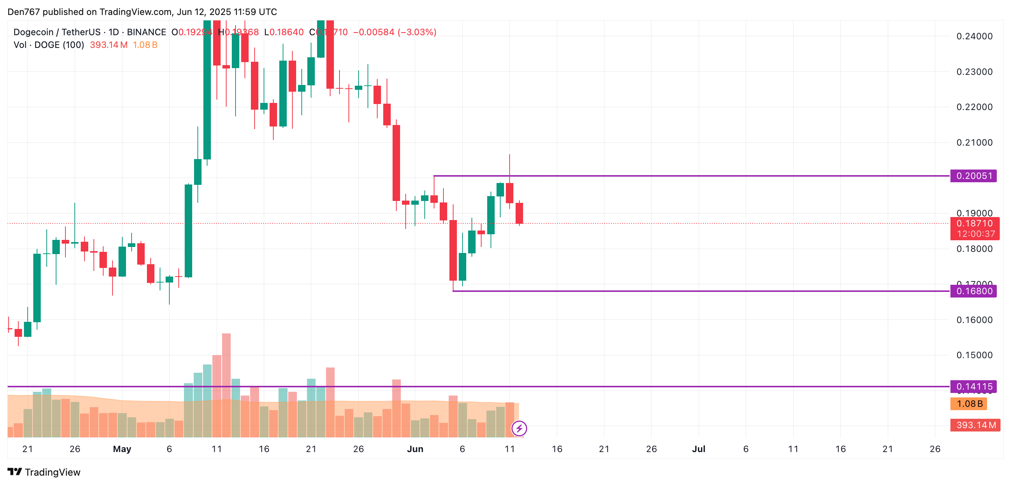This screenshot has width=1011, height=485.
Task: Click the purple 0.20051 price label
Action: [973, 176]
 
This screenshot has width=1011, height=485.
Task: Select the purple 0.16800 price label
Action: [973, 291]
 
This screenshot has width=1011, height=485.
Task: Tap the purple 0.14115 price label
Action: [973, 387]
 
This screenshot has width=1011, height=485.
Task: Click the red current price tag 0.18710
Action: [974, 223]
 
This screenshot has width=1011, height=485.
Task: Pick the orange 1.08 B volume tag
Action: [969, 404]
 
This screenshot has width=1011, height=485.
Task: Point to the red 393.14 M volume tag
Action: [975, 425]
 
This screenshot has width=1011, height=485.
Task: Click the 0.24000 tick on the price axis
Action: [974, 37]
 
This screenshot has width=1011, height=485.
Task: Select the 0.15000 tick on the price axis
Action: [974, 355]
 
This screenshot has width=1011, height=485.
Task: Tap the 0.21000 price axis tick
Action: [974, 143]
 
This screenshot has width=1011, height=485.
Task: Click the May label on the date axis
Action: [122, 449]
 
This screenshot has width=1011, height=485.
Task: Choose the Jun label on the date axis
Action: [415, 449]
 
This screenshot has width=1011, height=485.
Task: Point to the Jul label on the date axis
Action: [698, 449]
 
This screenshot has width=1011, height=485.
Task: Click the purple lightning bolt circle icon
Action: [519, 428]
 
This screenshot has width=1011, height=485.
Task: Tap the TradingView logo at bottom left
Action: [44, 472]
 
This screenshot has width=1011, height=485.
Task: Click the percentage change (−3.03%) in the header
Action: [417, 32]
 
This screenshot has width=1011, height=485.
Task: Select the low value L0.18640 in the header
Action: [284, 32]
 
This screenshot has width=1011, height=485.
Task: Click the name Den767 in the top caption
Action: [24, 12]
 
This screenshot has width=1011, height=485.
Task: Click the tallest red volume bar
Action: [227, 385]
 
